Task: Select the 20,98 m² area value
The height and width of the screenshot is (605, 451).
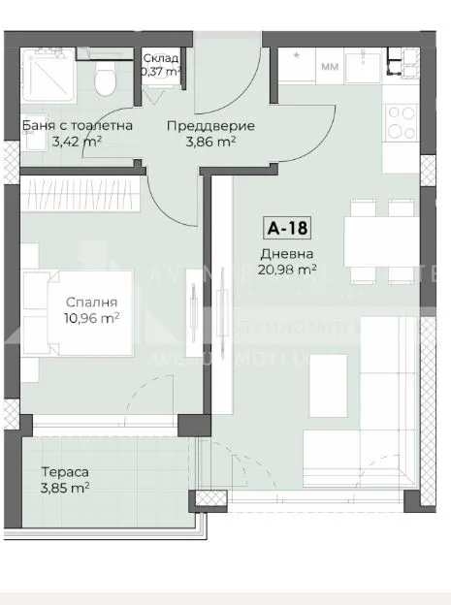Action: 289,270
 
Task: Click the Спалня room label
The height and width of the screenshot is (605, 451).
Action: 84,302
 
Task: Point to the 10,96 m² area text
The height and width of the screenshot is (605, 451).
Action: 91,317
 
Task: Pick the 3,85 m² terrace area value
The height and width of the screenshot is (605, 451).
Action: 65,488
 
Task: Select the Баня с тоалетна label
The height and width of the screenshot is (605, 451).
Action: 78,126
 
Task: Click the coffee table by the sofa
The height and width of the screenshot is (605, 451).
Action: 327,379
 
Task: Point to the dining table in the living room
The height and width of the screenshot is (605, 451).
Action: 381,241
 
